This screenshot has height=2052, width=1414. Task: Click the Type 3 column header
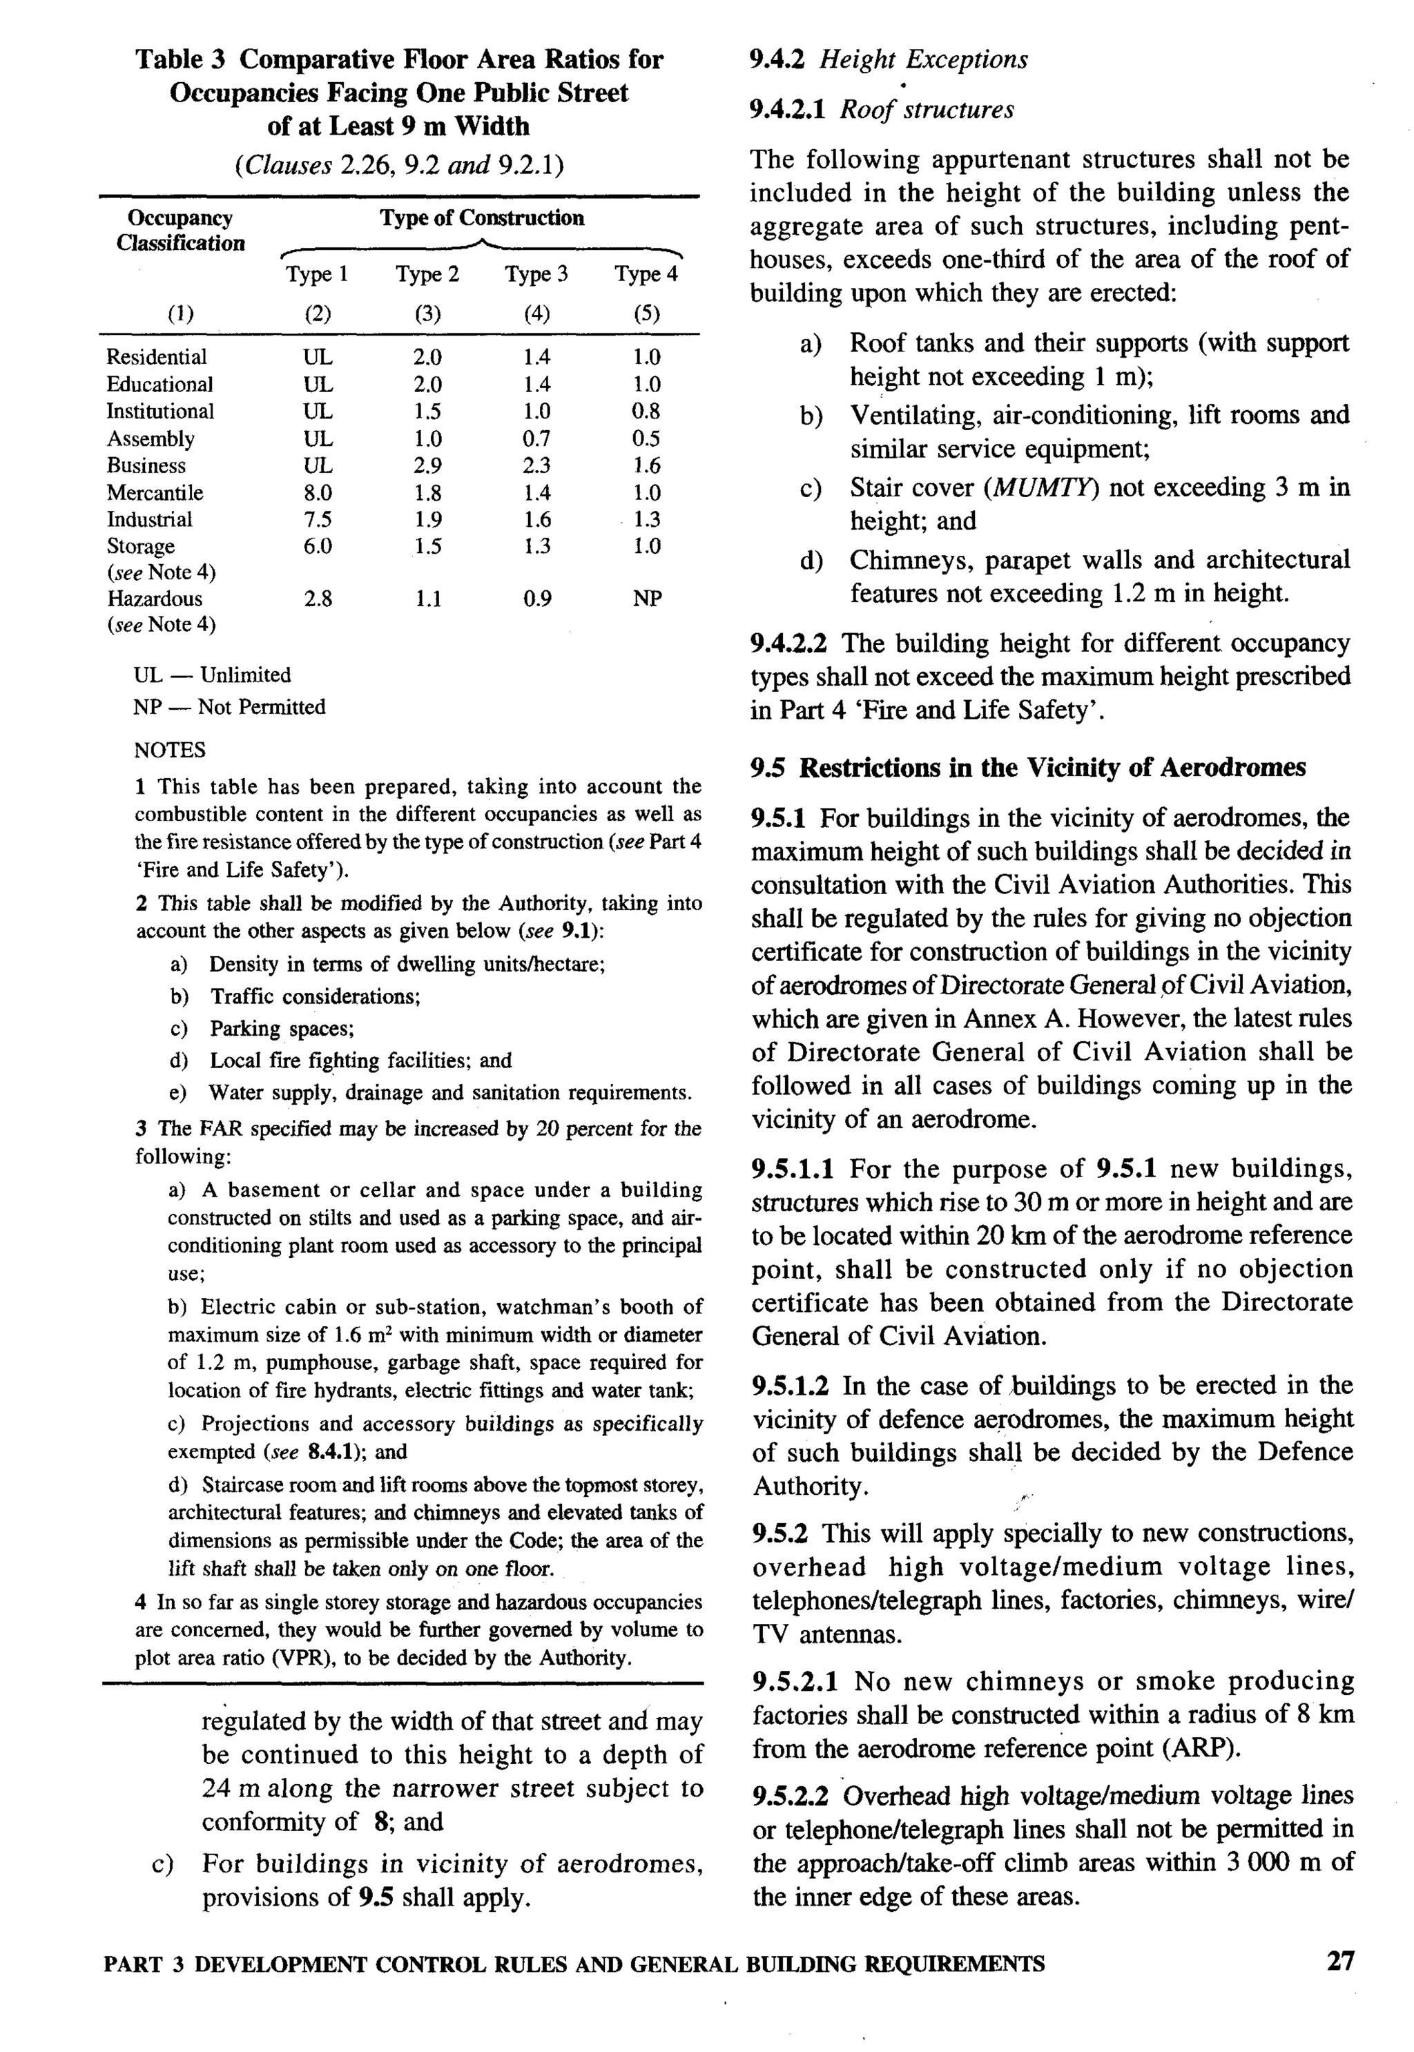pos(536,275)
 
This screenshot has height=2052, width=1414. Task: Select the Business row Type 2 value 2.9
pos(428,465)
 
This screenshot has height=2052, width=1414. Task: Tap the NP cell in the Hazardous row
pos(647,599)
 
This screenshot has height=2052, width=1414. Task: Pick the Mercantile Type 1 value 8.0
pos(318,492)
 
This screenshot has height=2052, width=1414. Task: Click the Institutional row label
pos(160,411)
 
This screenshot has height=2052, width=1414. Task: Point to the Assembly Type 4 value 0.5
pos(647,438)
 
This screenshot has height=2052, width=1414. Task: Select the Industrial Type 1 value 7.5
pos(318,519)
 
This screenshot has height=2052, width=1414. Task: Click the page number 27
pos(1340,1961)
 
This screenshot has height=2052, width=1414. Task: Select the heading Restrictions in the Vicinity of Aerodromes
pos(1052,767)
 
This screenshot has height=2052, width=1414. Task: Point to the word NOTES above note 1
pos(170,751)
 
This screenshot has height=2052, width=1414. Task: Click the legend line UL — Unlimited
pos(212,675)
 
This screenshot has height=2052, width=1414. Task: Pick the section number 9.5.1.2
pos(791,1386)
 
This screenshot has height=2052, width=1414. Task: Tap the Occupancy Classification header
pos(180,231)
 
